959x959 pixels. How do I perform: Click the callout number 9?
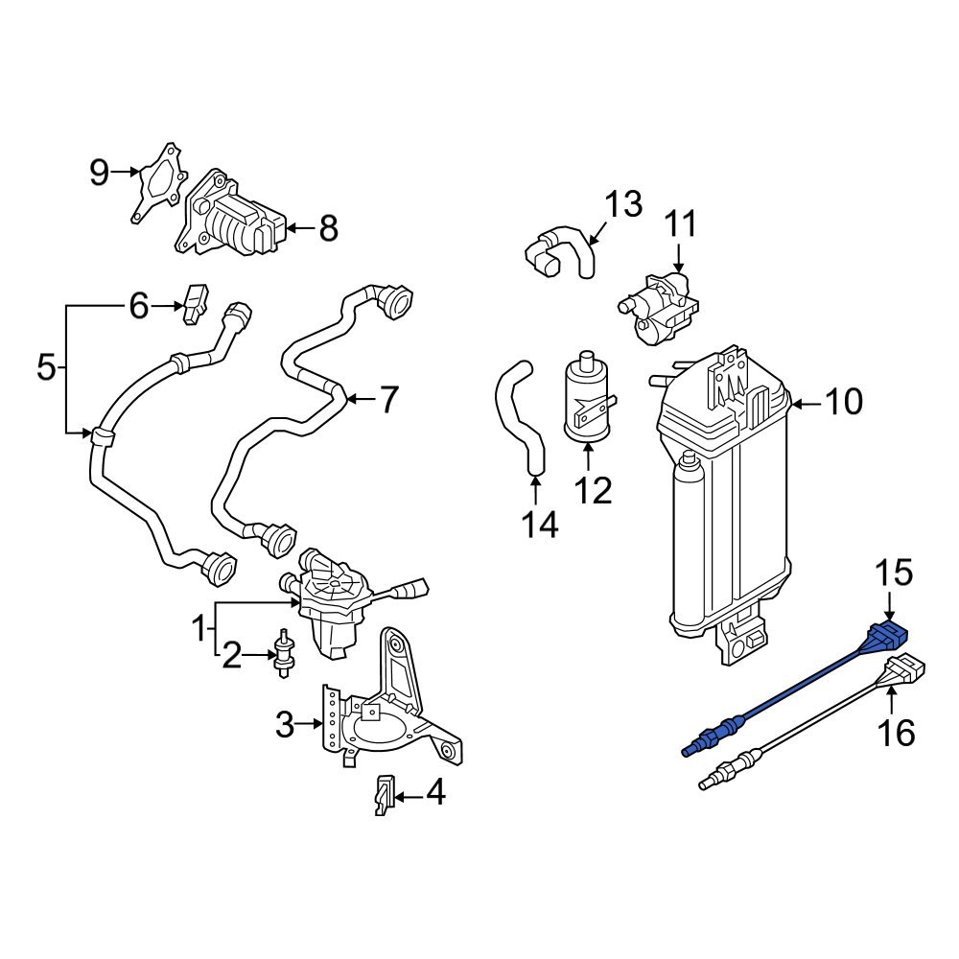tap(100, 173)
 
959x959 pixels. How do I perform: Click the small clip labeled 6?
tap(197, 301)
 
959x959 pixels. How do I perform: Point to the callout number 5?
tap(46, 367)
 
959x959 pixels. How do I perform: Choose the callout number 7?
tap(387, 400)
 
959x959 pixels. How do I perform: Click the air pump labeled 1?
tap(331, 599)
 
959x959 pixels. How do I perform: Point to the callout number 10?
tap(845, 403)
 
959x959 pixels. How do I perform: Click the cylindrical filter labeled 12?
tap(587, 398)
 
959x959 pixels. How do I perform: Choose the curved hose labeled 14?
tap(521, 412)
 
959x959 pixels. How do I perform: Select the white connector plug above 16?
tap(905, 668)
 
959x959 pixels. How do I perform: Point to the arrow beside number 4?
tap(407, 796)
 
